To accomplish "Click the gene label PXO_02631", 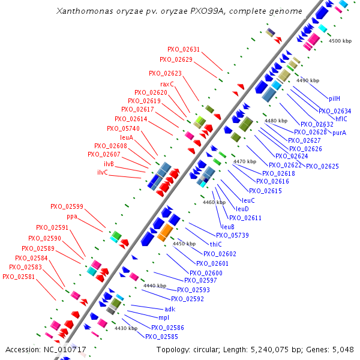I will click(184, 49).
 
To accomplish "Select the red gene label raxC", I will click(167, 84).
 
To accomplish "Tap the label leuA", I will click(126, 137).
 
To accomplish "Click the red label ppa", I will click(72, 216).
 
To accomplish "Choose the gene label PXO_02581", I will click(19, 277).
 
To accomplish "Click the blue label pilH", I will click(335, 98).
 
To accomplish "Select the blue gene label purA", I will click(340, 132).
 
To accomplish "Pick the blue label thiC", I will click(215, 244).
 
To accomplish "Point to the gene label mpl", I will click(164, 317).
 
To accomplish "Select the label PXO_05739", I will click(232, 235).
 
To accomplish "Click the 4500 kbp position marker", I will click(340, 41).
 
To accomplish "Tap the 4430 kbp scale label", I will click(125, 328).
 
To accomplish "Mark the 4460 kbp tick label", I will click(214, 203).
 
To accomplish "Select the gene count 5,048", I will click(341, 349).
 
